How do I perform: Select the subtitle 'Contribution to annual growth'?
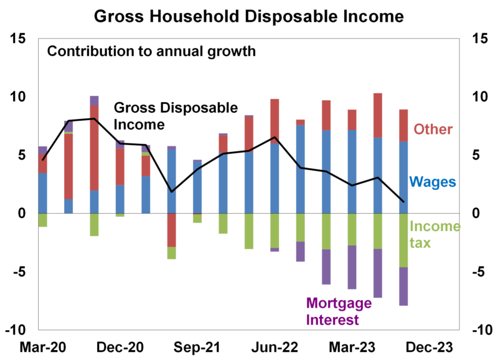point(151,51)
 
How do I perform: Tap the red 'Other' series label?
point(433,130)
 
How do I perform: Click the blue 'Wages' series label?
point(432,182)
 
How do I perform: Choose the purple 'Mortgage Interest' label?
point(339,312)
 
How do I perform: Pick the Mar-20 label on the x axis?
point(44,347)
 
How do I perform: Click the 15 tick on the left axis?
point(18,39)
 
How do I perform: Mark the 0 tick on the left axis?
point(24,214)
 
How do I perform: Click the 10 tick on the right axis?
point(482,97)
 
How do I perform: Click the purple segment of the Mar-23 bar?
point(352,267)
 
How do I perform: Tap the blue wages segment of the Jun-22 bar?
point(275,178)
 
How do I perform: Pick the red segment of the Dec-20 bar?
point(120,166)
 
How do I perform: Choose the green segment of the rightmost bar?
point(403,240)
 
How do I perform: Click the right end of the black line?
point(403,202)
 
